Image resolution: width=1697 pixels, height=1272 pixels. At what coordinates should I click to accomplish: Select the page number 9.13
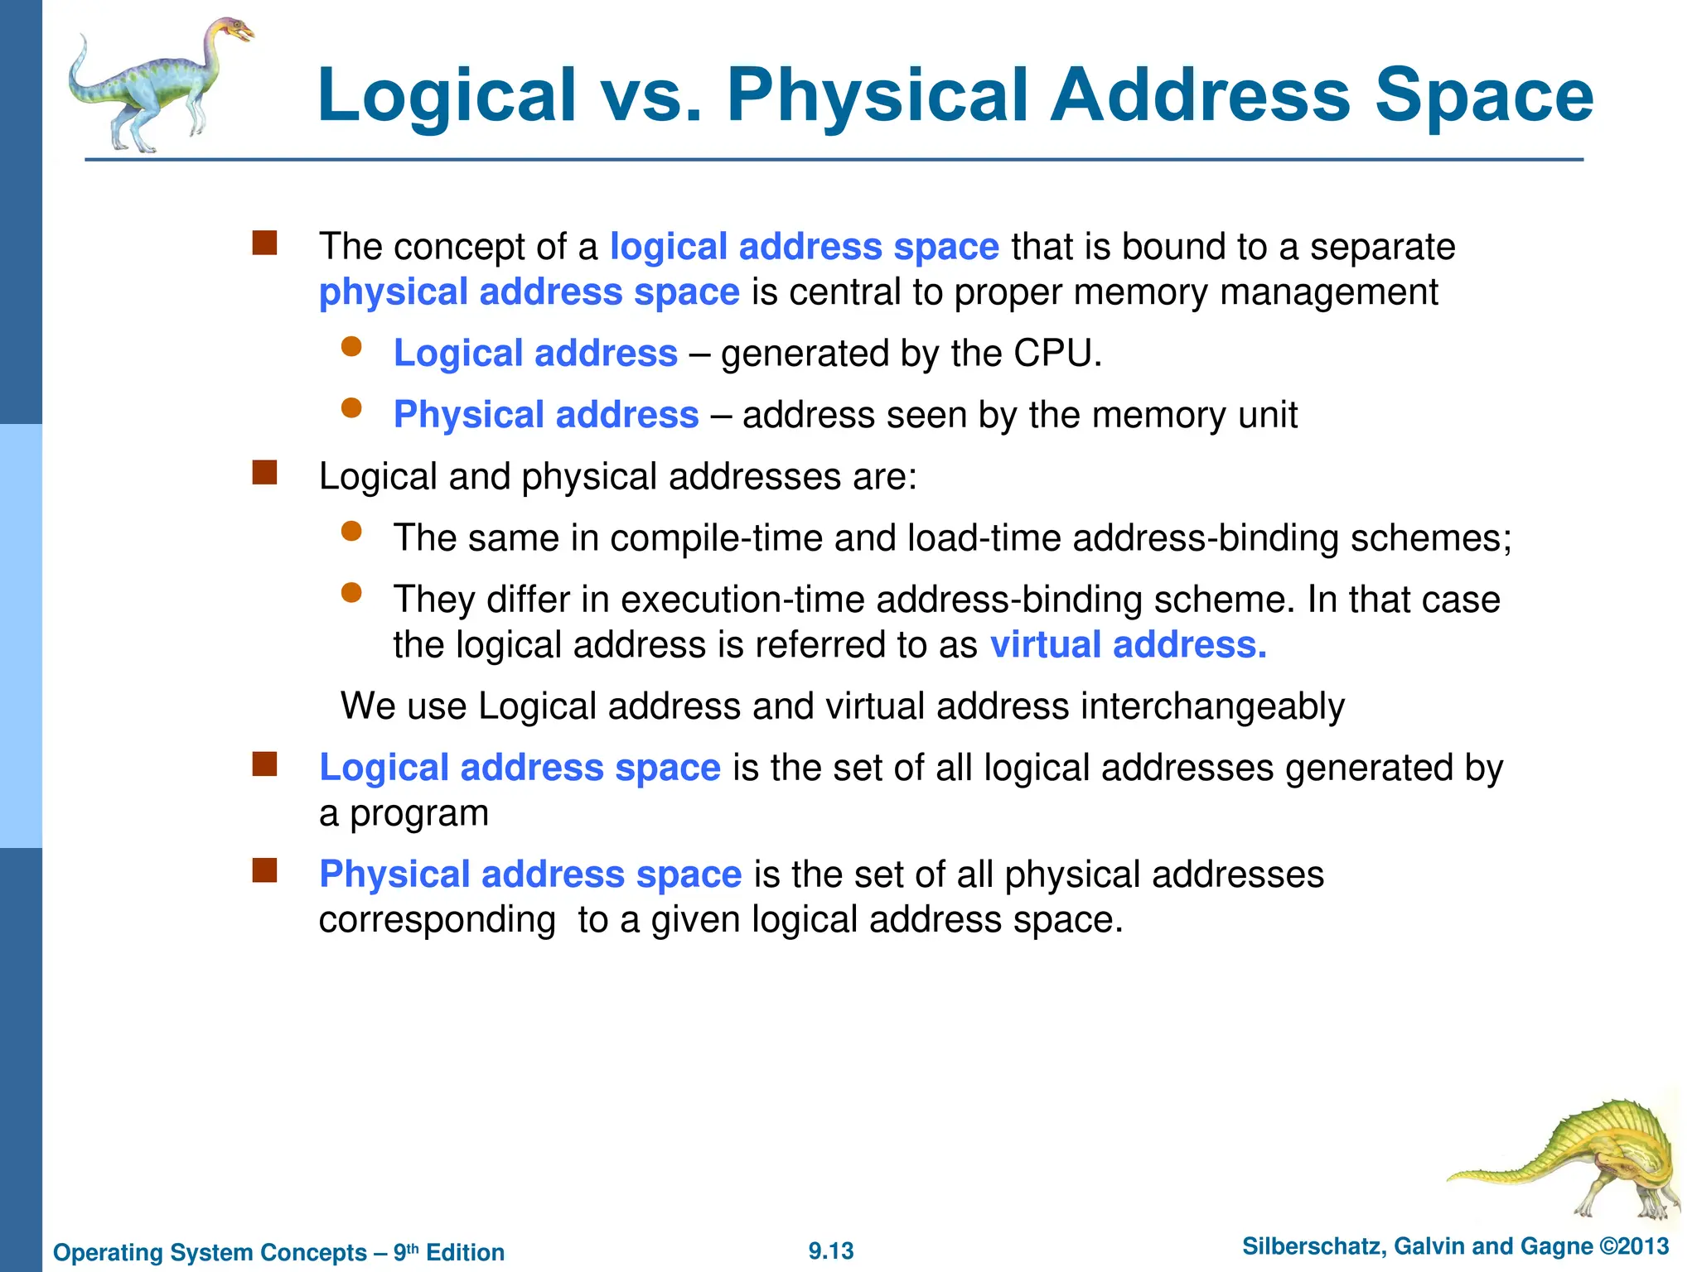[x=831, y=1250]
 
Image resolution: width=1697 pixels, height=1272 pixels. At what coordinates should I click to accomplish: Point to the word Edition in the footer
[x=465, y=1252]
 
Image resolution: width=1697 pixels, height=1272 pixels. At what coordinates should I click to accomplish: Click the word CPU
[x=1057, y=354]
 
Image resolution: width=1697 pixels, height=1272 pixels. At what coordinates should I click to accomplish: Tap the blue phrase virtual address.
[x=1128, y=645]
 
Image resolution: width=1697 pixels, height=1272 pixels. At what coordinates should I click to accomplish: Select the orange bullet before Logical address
[x=351, y=347]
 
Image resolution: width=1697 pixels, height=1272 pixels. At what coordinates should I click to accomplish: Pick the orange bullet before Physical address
[x=351, y=408]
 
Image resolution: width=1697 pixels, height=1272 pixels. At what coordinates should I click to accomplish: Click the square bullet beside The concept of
[x=264, y=243]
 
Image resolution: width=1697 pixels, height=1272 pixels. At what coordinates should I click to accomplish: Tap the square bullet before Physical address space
[x=264, y=870]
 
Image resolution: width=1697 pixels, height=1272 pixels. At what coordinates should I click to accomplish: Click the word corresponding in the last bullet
[x=437, y=920]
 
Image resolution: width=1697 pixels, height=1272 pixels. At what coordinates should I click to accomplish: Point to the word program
[x=419, y=814]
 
